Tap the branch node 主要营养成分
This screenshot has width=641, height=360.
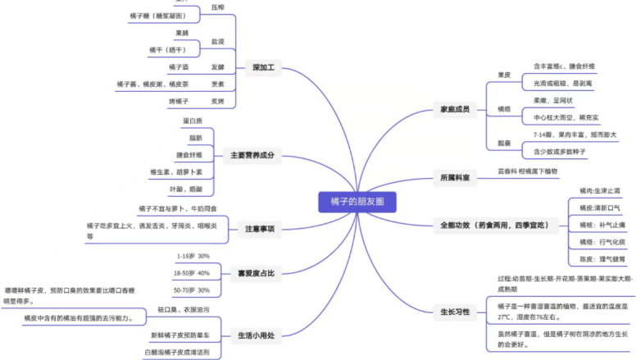[x=252, y=154]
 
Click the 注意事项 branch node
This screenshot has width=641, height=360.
[x=260, y=229]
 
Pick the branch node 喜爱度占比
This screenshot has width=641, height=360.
[x=256, y=272]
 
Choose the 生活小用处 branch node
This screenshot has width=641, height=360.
[x=256, y=335]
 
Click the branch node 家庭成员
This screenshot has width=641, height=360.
[x=454, y=109]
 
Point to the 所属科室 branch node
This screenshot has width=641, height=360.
[x=455, y=177]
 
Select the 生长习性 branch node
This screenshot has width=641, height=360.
[x=455, y=312]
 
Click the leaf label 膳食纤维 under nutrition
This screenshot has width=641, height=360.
[x=189, y=154]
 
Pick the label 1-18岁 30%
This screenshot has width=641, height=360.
[x=193, y=256]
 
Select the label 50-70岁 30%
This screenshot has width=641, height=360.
[x=192, y=290]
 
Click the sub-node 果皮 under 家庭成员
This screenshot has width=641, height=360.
[x=504, y=75]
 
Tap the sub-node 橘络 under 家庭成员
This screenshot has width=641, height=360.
[x=504, y=108]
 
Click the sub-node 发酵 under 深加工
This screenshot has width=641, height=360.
[x=217, y=66]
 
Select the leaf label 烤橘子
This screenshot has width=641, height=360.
[x=179, y=101]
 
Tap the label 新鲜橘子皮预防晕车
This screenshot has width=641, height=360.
[x=180, y=335]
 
